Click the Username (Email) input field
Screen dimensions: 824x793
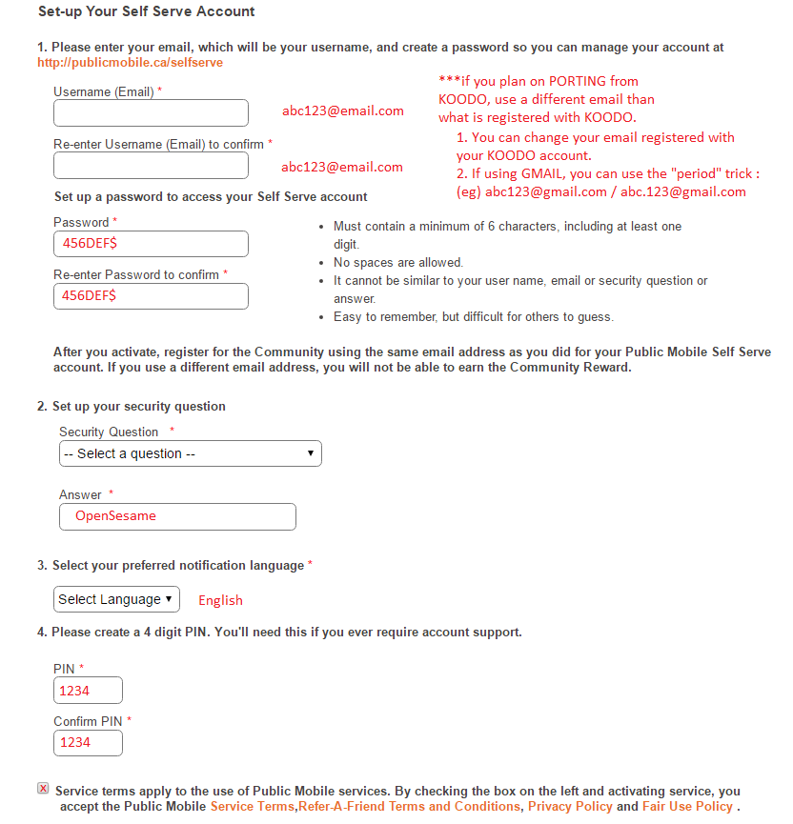click(151, 113)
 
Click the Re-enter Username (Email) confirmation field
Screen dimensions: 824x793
click(151, 166)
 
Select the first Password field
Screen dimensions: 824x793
click(151, 244)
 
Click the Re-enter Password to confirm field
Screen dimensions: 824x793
click(151, 296)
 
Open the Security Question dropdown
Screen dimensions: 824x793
click(190, 453)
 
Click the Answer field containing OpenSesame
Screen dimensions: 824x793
click(177, 516)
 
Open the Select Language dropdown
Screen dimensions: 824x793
click(116, 599)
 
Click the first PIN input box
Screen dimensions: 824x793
click(88, 691)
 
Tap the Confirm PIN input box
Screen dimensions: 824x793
click(88, 742)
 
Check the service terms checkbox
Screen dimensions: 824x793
click(43, 789)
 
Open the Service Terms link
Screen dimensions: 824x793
click(253, 807)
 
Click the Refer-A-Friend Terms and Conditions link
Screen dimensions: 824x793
click(410, 807)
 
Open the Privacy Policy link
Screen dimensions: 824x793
click(570, 807)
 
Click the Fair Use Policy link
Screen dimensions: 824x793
click(687, 807)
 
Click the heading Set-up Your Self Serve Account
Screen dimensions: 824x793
click(146, 12)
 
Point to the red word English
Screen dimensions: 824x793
click(220, 600)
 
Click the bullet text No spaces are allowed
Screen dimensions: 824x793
click(397, 262)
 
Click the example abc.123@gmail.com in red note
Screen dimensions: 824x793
click(683, 191)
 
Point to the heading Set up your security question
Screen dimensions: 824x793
click(138, 406)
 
